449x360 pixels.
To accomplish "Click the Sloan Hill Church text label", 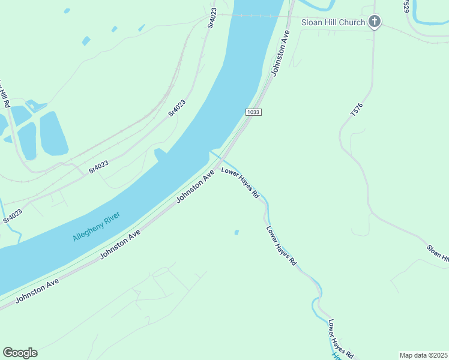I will (333, 23).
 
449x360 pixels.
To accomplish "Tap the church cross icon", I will (375, 22).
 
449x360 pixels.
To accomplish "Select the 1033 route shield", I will (253, 112).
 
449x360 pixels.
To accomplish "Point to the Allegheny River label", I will (96, 226).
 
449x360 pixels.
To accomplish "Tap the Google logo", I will (20, 352).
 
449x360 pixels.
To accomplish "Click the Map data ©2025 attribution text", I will (424, 355).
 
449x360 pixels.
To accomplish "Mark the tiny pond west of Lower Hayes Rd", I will (237, 232).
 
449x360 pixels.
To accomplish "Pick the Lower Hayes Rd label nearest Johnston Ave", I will (240, 183).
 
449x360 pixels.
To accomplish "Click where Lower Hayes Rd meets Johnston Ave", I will (220, 160).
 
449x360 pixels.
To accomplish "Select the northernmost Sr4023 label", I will (211, 18).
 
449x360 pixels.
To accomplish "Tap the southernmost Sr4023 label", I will (13, 216).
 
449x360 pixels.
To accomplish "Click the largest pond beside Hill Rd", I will (53, 133).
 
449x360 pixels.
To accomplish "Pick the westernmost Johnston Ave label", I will (37, 290).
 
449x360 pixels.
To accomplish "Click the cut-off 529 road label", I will (406, 6).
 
